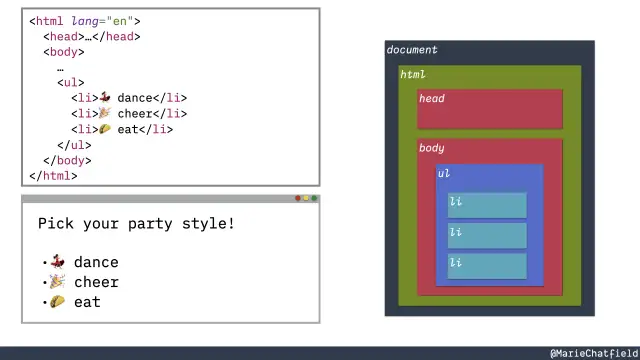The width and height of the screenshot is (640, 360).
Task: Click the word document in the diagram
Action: tap(412, 50)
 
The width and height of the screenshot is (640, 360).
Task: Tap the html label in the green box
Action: tap(412, 74)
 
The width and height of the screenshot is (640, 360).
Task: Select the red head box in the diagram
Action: tap(490, 110)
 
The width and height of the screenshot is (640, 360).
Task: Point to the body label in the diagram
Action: tap(432, 148)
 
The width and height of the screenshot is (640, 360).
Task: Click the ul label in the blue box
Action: tap(443, 173)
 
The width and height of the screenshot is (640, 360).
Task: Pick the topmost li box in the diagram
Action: tap(487, 204)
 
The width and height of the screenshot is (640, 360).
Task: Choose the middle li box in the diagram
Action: tap(487, 235)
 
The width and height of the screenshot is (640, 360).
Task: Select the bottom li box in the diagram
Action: tap(487, 266)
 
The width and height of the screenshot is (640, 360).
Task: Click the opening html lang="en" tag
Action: tap(85, 21)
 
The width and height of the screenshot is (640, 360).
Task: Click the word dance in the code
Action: tap(135, 98)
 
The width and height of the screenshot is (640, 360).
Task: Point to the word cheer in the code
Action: tap(135, 113)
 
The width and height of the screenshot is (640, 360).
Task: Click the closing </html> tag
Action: tap(53, 176)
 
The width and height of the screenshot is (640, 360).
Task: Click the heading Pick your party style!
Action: tap(136, 223)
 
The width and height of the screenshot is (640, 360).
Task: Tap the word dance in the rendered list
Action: tap(96, 262)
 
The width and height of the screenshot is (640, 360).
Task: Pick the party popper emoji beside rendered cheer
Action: tap(58, 282)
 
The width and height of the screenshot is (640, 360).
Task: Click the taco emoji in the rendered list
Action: tap(58, 302)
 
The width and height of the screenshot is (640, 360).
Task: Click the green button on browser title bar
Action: tap(315, 199)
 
